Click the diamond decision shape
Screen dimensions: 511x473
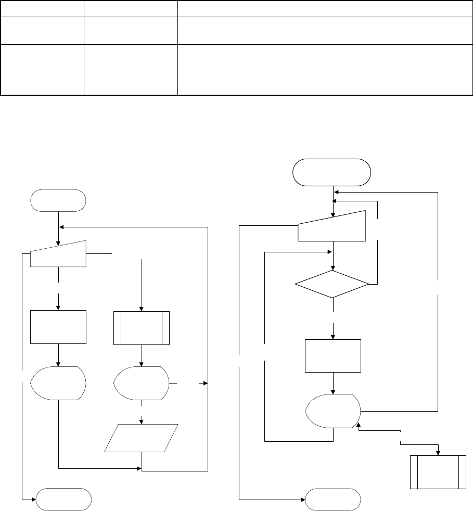point(332,284)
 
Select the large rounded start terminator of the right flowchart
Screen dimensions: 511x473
point(332,172)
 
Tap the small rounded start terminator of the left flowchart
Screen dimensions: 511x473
point(59,200)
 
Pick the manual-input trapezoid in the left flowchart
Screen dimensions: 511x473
point(58,254)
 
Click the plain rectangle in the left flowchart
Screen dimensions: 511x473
point(58,327)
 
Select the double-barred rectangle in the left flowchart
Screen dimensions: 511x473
point(142,328)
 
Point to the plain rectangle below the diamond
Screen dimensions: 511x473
point(333,355)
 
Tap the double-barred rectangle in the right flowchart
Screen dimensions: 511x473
point(438,471)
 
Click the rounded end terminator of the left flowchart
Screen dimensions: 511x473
point(63,500)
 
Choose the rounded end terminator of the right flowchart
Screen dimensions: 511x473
point(333,500)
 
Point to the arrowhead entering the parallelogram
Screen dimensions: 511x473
point(142,421)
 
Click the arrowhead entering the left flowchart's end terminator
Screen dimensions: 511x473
point(33,500)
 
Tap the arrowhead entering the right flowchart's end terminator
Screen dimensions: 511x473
point(303,500)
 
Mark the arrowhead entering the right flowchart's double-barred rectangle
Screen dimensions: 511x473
point(438,452)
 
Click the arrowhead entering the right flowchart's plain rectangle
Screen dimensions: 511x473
point(333,336)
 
